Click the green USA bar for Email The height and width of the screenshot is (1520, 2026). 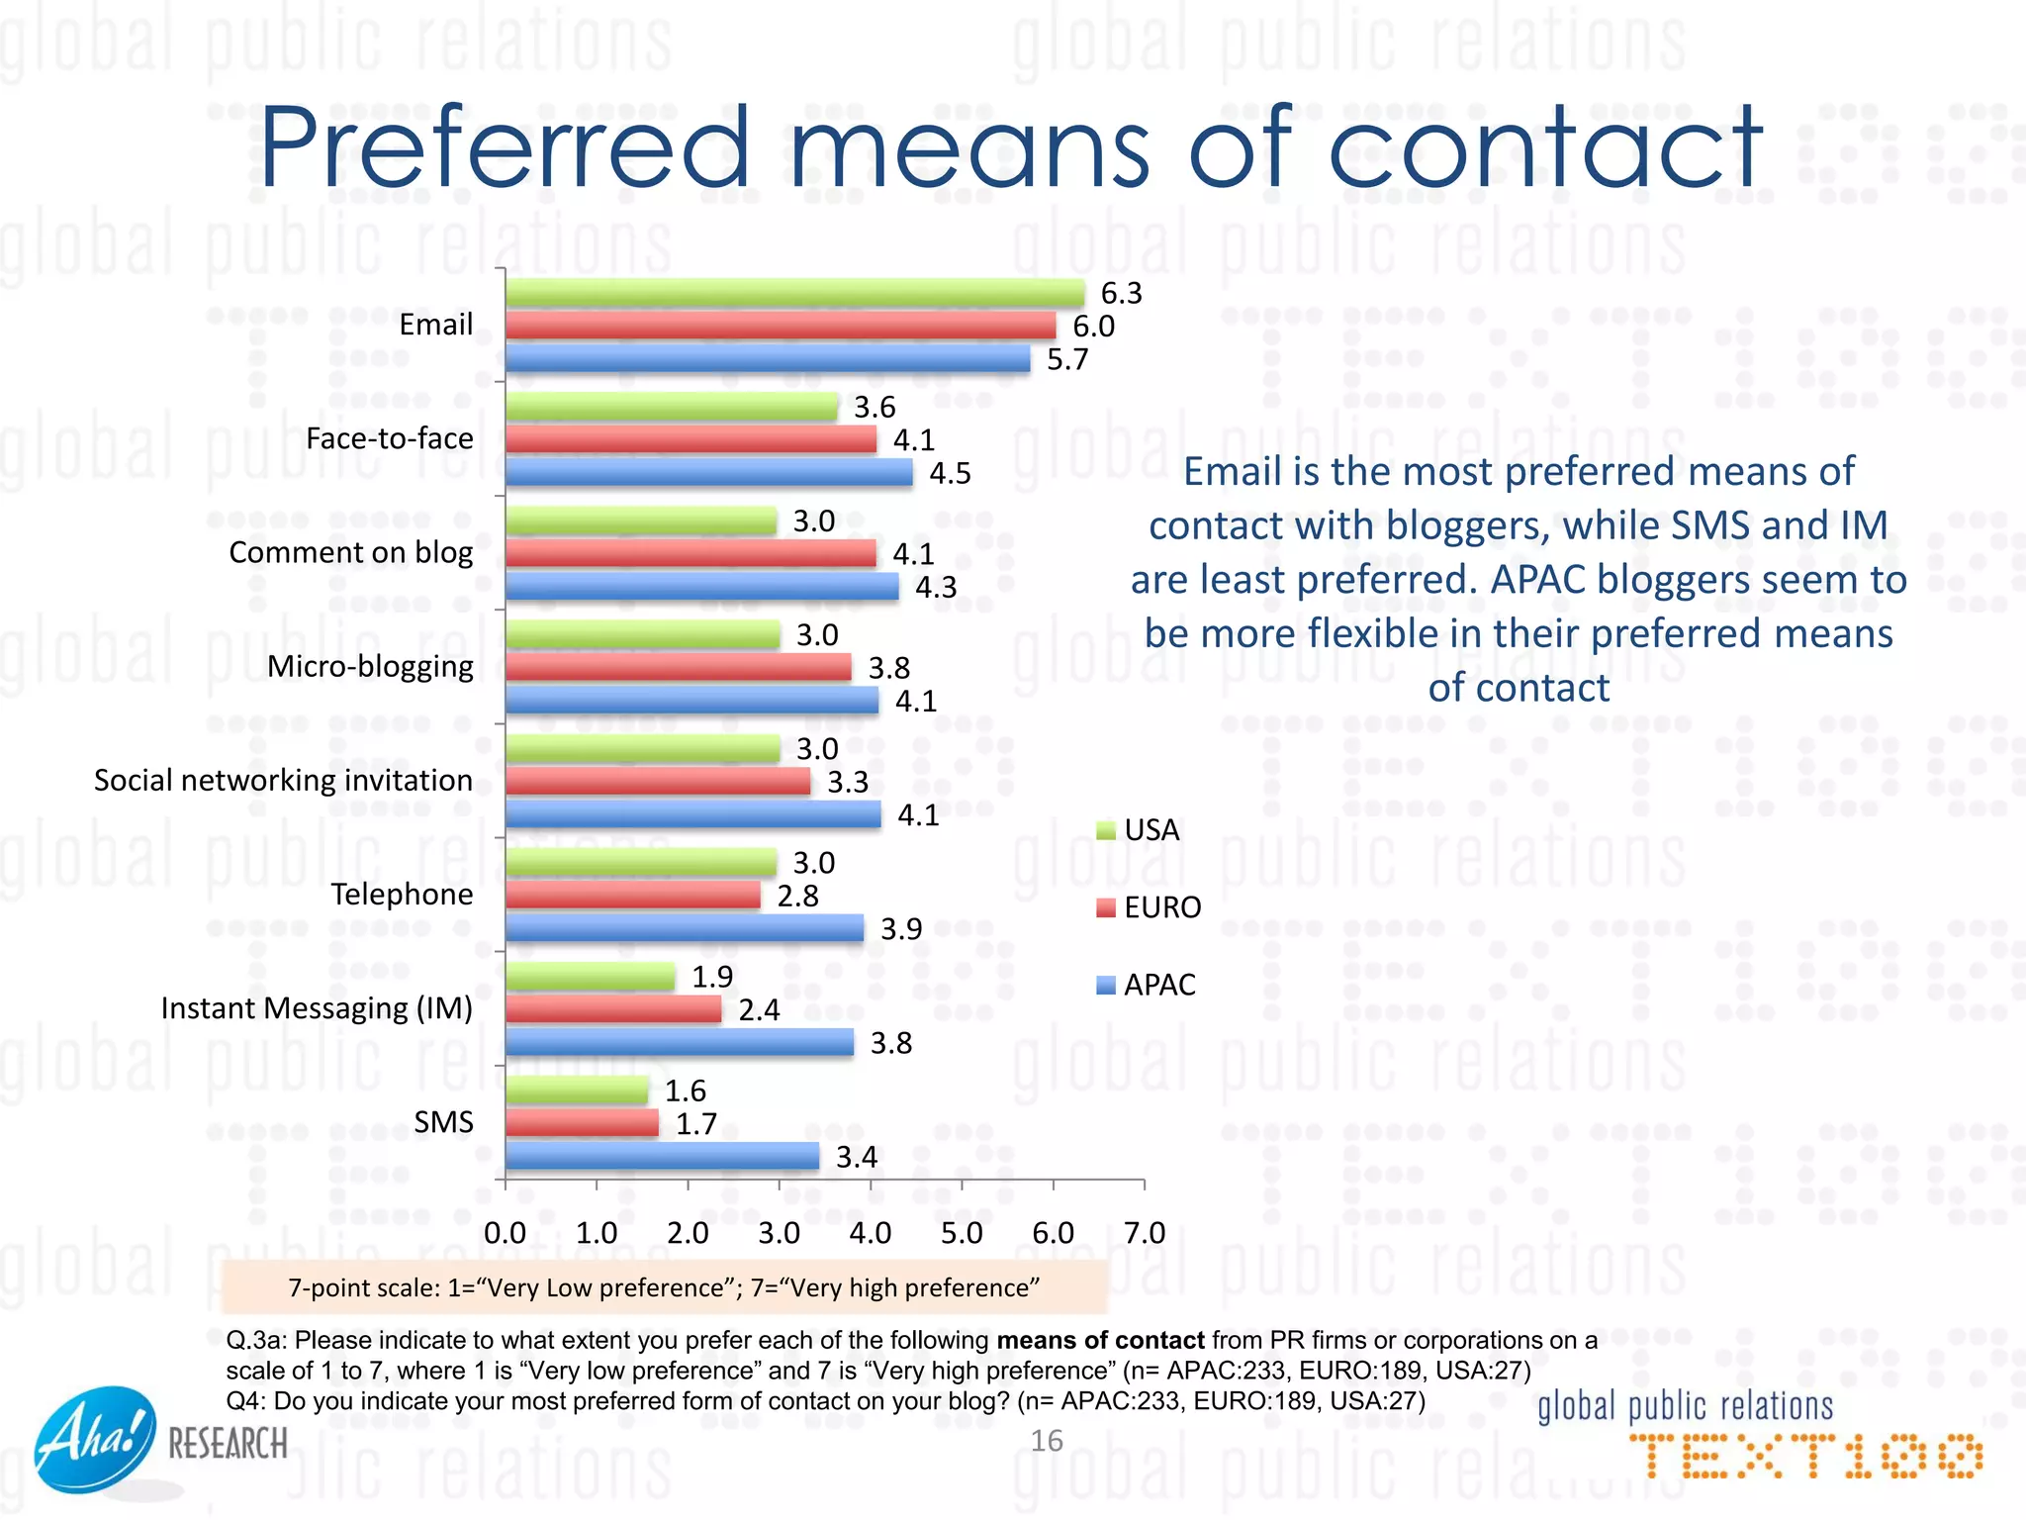point(794,293)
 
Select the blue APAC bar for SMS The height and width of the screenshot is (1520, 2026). point(662,1156)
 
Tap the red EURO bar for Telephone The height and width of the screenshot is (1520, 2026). point(632,896)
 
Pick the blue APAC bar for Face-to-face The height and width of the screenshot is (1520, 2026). point(708,473)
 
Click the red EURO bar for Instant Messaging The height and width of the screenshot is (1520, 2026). point(613,1009)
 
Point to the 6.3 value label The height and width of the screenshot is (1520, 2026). point(1121,293)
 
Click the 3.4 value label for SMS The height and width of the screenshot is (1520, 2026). point(857,1157)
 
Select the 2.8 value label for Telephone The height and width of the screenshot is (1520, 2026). point(797,896)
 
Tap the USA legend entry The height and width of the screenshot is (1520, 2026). point(1139,830)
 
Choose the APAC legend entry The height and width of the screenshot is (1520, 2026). point(1147,985)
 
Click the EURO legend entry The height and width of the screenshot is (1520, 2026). point(1150,907)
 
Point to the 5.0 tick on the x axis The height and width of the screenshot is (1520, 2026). point(962,1233)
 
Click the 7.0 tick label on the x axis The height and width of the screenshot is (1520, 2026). point(1145,1233)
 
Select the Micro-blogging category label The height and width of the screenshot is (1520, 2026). point(370,666)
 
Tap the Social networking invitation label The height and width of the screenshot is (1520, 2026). point(283,780)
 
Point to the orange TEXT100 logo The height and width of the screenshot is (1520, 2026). point(1806,1457)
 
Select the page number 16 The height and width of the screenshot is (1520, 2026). point(1047,1440)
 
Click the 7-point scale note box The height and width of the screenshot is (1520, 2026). point(664,1287)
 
